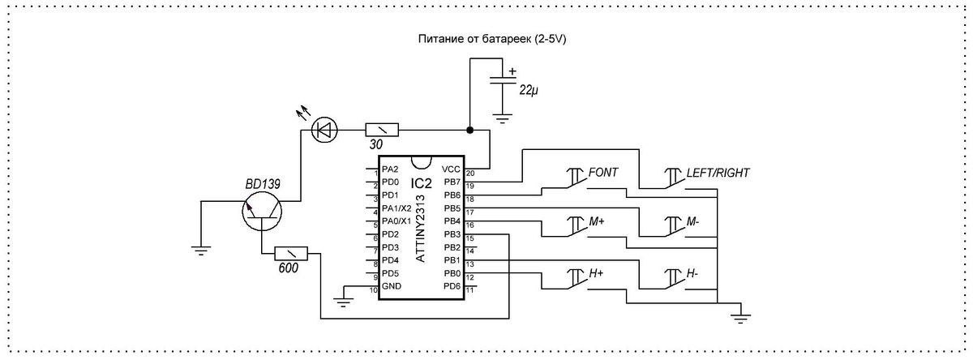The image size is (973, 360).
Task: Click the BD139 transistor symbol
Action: [x=261, y=212]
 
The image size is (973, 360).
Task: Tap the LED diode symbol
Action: [x=325, y=130]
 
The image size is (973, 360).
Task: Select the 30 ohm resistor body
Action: [x=382, y=130]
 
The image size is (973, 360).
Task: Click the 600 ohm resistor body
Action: [x=290, y=253]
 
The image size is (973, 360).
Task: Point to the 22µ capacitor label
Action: [x=529, y=90]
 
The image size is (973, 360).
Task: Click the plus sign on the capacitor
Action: [x=512, y=71]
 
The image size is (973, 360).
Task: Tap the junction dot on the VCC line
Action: [x=469, y=130]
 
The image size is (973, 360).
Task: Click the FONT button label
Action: [x=603, y=173]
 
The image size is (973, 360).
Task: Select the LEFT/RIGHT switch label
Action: [x=718, y=173]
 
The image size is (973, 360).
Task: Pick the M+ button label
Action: [x=597, y=221]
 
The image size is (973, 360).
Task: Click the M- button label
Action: [x=692, y=221]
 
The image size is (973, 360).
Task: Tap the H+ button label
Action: [x=596, y=273]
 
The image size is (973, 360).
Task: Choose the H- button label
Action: [x=692, y=273]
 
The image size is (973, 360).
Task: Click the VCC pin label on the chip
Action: [x=451, y=169]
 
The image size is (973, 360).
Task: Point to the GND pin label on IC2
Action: [x=392, y=286]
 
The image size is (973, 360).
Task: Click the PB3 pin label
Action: [x=452, y=234]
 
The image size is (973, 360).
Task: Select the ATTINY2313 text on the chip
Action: [x=421, y=228]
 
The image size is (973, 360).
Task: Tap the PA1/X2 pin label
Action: [x=396, y=208]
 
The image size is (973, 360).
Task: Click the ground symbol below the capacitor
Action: [x=503, y=118]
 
